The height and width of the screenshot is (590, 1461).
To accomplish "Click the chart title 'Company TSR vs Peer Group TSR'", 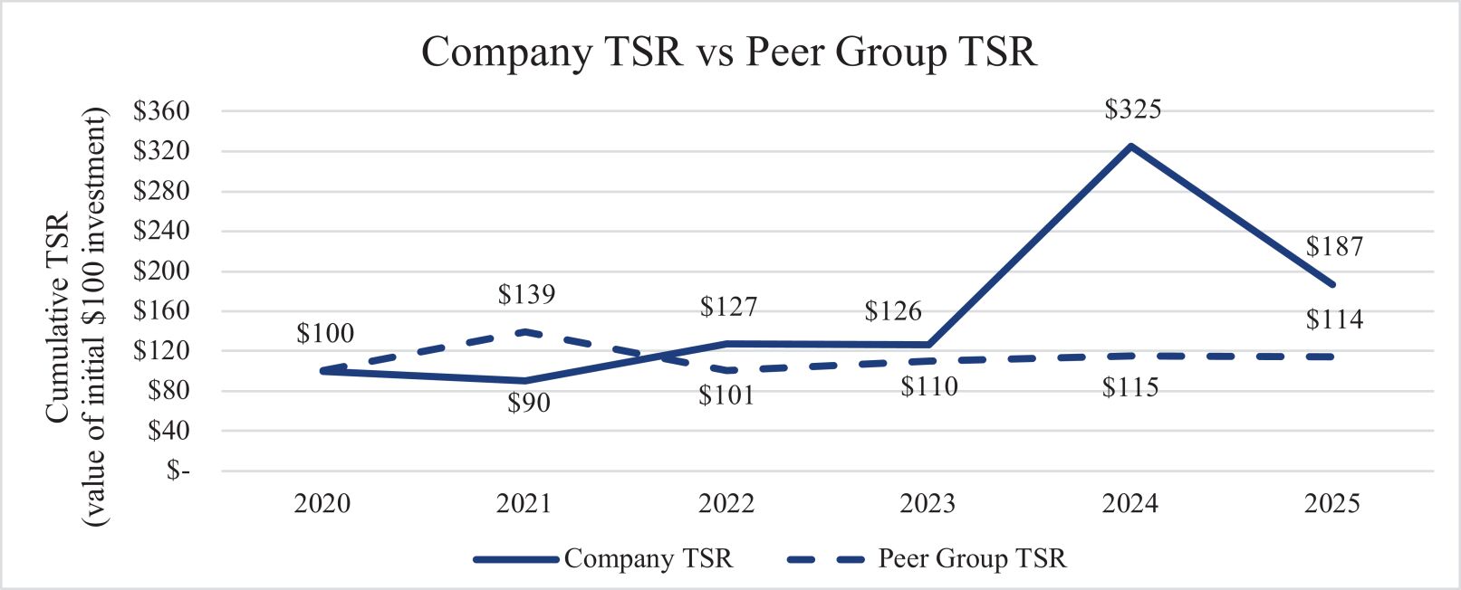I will pos(729,52).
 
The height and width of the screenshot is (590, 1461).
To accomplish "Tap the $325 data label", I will pos(1132,109).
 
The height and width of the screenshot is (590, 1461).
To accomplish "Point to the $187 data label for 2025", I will pos(1334,246).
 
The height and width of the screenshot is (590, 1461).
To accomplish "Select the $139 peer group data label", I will pos(526,294).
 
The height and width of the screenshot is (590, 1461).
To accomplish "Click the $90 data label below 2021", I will pos(528,403).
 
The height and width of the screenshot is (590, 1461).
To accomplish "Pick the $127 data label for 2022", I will pos(728,307).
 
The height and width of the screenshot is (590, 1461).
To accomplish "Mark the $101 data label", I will pos(726,395).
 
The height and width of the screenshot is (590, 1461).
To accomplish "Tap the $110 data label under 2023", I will pos(929,387).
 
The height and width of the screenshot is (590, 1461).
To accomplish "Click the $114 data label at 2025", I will pos(1334,319).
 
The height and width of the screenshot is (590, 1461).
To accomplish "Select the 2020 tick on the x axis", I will pos(322,503).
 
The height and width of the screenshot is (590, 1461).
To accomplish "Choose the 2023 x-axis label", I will pos(928,503).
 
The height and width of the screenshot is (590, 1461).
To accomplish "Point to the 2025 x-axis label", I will pos(1332,503).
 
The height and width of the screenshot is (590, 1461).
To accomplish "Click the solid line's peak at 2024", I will pos(1130,146).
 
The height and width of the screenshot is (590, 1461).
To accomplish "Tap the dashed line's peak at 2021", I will pos(525,332).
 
